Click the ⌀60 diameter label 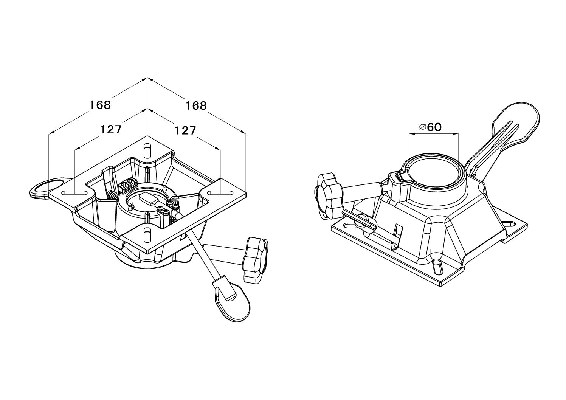(x=430, y=127)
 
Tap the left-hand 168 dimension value (x=100, y=105)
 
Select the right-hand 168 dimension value (x=196, y=105)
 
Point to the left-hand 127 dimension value (x=110, y=130)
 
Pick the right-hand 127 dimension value (x=184, y=130)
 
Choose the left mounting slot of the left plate (x=75, y=193)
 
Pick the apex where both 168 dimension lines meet (x=147, y=78)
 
